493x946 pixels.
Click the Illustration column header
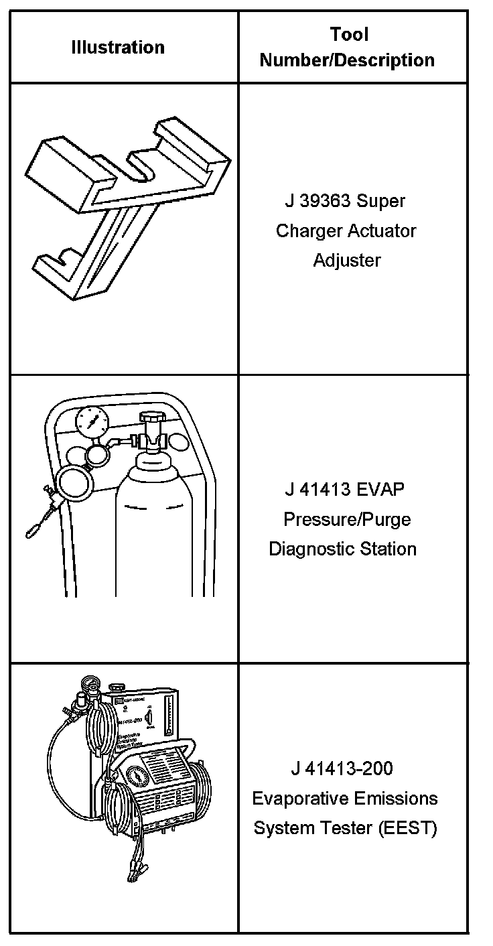(118, 48)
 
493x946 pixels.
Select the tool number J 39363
(318, 201)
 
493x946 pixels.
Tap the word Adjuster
(347, 260)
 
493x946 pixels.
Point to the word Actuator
(382, 230)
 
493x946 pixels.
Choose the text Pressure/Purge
(346, 519)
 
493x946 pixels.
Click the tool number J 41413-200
(342, 768)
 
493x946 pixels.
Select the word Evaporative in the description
(292, 799)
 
